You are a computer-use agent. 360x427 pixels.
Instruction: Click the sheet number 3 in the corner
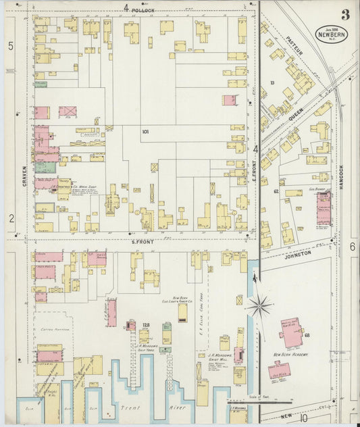coord(345,15)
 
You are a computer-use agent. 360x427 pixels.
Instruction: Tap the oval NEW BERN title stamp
coord(332,34)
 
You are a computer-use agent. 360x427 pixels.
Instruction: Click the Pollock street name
coord(143,11)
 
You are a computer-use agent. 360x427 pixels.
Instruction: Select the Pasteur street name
coord(292,47)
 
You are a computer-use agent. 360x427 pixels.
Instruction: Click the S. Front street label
coord(143,241)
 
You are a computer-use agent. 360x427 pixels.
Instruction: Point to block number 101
coord(145,130)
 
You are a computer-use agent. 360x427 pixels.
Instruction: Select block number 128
coord(146,326)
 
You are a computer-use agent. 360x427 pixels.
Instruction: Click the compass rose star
coord(258,306)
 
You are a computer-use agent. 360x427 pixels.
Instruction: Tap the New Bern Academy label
coord(291,354)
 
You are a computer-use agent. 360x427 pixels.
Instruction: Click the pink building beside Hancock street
coord(324,207)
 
